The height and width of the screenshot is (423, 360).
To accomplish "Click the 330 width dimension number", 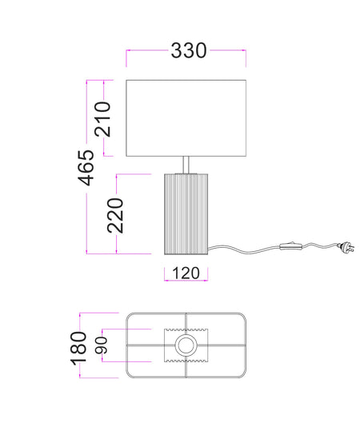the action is pyautogui.click(x=189, y=50).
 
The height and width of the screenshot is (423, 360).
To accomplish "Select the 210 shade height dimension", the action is pyautogui.click(x=103, y=119).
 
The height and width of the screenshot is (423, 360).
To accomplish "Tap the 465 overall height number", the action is pyautogui.click(x=86, y=168).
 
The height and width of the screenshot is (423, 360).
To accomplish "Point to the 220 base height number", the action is pyautogui.click(x=115, y=216).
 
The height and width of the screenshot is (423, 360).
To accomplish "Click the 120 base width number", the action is pyautogui.click(x=186, y=273).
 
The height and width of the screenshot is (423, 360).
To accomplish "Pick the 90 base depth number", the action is pyautogui.click(x=102, y=345).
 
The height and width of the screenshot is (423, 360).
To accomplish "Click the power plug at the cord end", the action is pyautogui.click(x=346, y=247).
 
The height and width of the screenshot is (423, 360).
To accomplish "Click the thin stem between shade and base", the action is pyautogui.click(x=186, y=165).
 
